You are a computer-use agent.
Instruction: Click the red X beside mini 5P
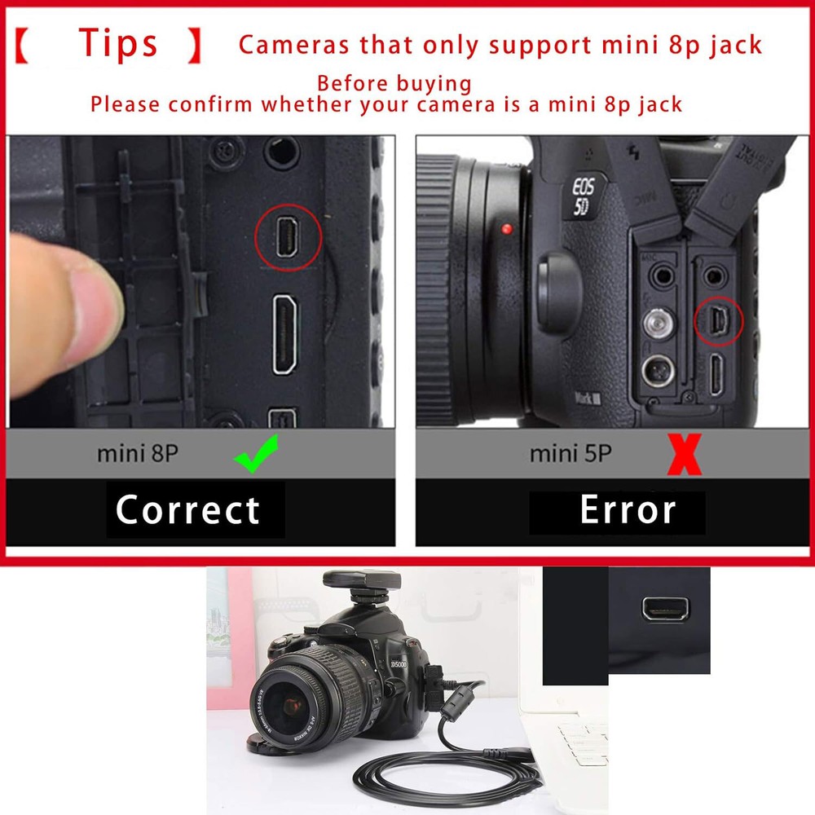(685, 455)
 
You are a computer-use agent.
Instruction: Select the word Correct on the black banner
(188, 510)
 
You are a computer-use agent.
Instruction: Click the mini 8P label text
(137, 454)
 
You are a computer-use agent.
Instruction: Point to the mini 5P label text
(570, 454)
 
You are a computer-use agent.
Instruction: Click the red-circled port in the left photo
(288, 236)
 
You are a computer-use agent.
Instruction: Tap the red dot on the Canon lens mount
(507, 229)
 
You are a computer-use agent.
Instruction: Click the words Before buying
(394, 84)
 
